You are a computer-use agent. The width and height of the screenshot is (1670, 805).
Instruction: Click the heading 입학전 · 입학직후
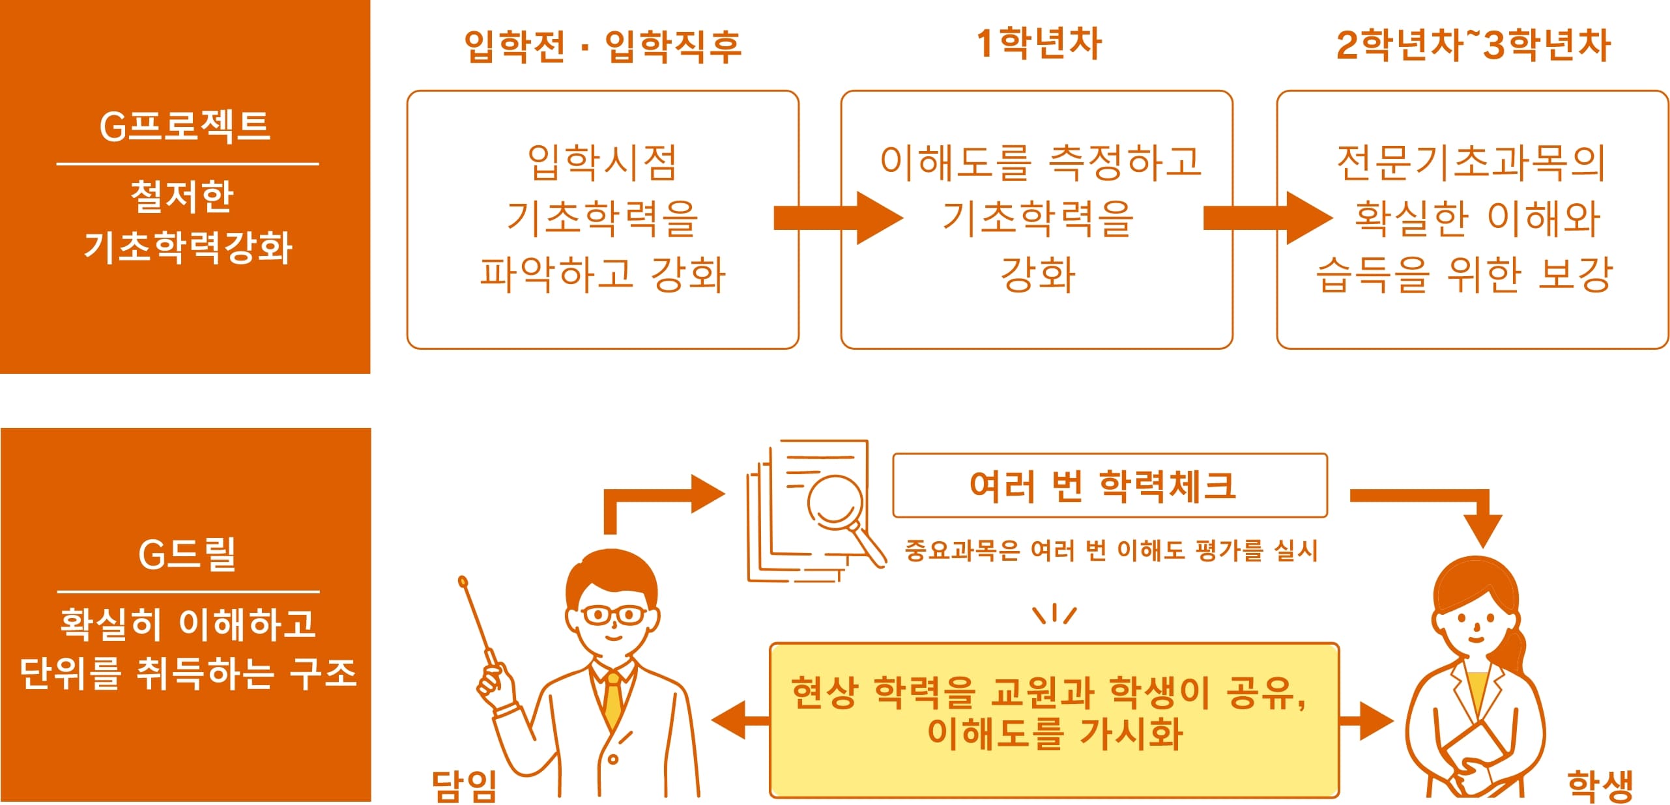[x=602, y=46]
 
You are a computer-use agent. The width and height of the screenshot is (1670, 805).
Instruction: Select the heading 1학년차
[x=1039, y=44]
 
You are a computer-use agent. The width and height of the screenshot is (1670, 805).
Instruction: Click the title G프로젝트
[x=184, y=126]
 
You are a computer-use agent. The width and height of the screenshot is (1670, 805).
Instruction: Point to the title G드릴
[x=187, y=554]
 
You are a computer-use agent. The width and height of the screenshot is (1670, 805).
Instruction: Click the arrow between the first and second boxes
[x=837, y=218]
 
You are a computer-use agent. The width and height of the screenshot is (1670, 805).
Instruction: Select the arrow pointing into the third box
[x=1267, y=218]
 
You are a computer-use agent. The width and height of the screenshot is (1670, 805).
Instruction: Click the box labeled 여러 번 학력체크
[x=1109, y=485]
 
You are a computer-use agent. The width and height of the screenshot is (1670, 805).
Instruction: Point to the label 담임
[x=464, y=785]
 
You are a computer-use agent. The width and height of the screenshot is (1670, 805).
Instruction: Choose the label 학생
[x=1600, y=785]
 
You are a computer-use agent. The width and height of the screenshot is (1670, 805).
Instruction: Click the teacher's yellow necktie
[x=613, y=700]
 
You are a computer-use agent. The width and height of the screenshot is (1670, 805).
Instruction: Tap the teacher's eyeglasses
[x=613, y=614]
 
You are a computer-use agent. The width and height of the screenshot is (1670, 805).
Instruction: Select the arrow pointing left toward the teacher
[x=740, y=720]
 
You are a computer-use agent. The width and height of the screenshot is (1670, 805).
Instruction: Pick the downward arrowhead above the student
[x=1482, y=530]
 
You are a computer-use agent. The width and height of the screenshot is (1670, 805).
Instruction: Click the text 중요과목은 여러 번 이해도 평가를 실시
[x=1110, y=550]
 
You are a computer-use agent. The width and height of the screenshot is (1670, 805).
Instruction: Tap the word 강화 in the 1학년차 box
[x=1037, y=274]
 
